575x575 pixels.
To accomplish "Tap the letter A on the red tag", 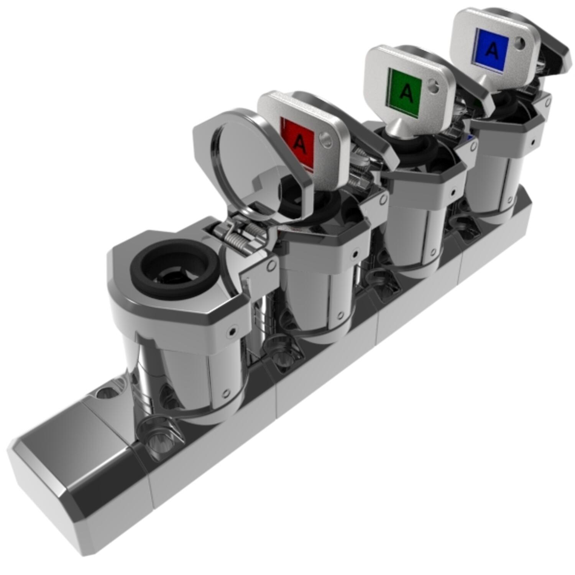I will [300, 145].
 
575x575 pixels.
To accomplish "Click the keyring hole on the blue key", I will [520, 43].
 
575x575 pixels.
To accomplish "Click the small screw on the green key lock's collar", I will [453, 191].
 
